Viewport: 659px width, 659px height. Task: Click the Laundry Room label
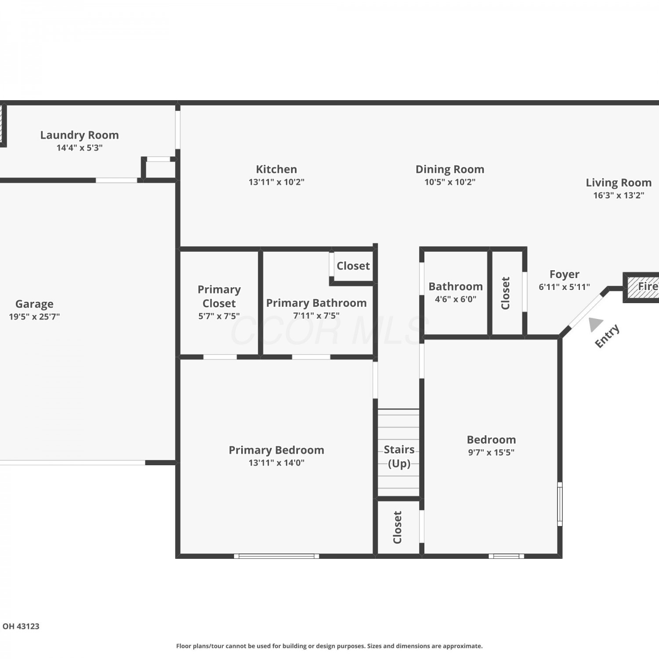coord(80,135)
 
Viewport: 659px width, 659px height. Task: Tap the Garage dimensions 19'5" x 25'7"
coord(34,316)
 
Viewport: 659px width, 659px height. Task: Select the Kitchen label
coord(276,169)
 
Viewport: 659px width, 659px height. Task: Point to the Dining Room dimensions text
coord(450,182)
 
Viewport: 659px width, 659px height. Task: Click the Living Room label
coord(619,182)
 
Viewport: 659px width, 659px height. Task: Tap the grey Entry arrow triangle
coord(595,324)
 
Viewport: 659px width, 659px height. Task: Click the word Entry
coord(607,336)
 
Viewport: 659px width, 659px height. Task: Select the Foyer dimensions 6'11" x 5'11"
coord(565,287)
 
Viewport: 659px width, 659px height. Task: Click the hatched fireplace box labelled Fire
coord(642,287)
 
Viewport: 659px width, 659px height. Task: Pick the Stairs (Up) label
coord(399,456)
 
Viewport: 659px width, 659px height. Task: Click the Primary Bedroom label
coord(276,450)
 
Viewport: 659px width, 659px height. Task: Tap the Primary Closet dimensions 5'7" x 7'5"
coord(219,316)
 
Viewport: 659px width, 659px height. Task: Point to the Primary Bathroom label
coord(316,303)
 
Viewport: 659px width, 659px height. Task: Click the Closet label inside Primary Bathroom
coord(353,266)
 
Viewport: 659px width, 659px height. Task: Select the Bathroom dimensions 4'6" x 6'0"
coord(456,299)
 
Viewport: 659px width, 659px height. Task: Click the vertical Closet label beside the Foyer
coord(506,293)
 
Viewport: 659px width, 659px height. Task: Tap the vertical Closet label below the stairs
coord(398,527)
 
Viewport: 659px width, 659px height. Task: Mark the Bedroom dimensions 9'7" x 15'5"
coord(491,452)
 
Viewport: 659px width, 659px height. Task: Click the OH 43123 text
coord(21,626)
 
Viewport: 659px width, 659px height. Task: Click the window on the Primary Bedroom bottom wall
coord(276,556)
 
